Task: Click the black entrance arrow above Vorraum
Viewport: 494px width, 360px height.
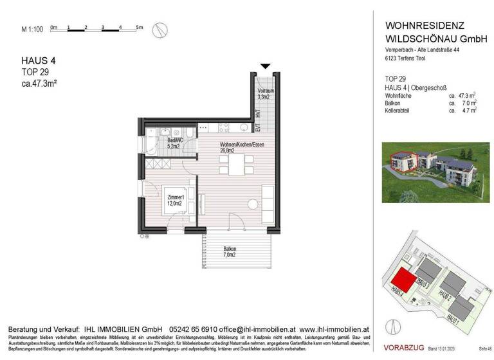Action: pos(264,66)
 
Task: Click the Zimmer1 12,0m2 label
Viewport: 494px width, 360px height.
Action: pos(176,200)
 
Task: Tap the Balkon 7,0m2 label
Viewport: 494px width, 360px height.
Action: pos(230,253)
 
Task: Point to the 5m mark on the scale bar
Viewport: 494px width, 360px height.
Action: pos(139,27)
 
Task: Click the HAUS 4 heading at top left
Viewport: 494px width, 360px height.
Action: pos(35,62)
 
